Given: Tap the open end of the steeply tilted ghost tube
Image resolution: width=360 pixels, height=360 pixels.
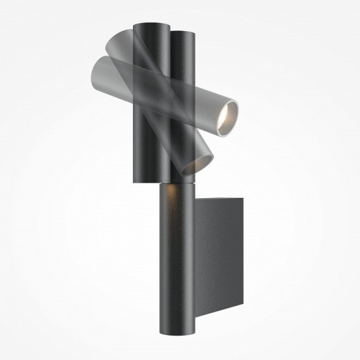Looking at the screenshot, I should click(x=196, y=163).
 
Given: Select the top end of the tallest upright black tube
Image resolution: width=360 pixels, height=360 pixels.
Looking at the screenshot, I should click(x=151, y=24).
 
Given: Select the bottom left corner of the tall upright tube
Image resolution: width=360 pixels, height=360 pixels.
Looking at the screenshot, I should click(x=134, y=181).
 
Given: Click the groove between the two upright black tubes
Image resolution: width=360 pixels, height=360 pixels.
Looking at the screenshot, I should click(x=168, y=104).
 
